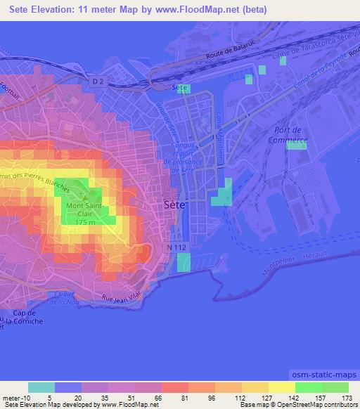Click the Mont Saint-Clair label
click(x=84, y=209)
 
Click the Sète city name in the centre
click(x=174, y=204)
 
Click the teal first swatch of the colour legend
click(x=41, y=387)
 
